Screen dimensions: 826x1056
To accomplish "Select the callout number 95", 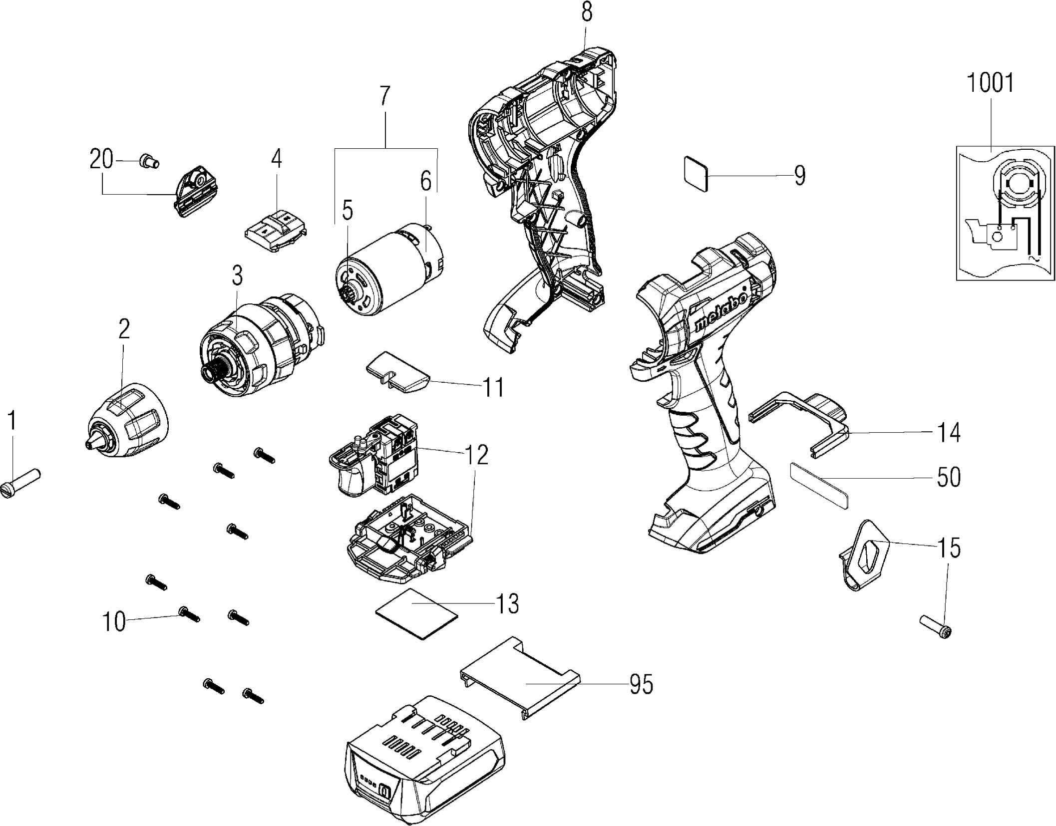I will tap(642, 684).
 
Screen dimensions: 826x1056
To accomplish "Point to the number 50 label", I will tap(949, 477).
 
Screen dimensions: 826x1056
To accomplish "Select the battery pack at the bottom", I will tap(424, 764).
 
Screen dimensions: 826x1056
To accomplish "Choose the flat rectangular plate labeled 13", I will tap(417, 613).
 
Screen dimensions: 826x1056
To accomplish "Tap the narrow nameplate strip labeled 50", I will tap(819, 485).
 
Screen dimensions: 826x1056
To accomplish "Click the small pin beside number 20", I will tap(148, 161).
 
